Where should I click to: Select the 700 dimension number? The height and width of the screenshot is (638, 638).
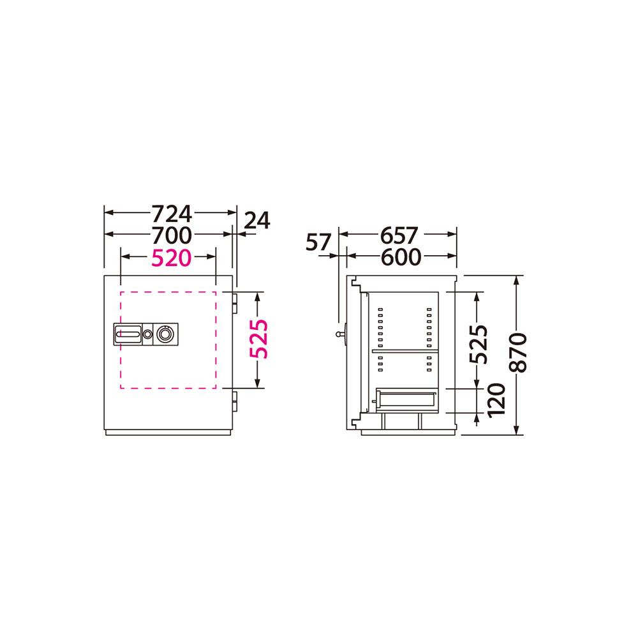pyautogui.click(x=171, y=235)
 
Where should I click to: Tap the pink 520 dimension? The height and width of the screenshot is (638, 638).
pyautogui.click(x=171, y=258)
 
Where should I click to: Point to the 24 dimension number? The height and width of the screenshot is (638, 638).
pyautogui.click(x=257, y=221)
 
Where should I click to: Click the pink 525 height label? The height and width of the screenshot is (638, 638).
pyautogui.click(x=259, y=339)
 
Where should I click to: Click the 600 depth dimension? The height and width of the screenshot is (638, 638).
pyautogui.click(x=401, y=256)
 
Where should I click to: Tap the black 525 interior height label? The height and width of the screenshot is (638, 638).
pyautogui.click(x=478, y=344)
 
